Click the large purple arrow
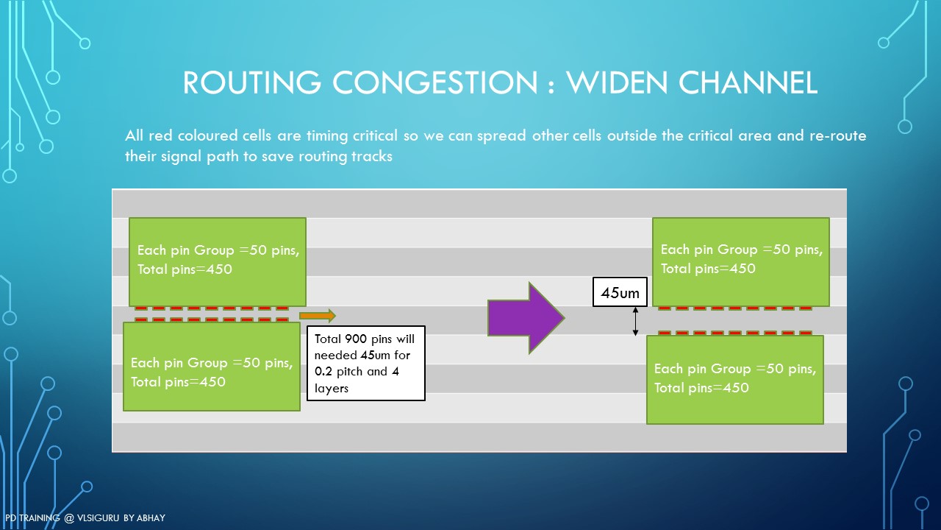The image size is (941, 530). coord(526,318)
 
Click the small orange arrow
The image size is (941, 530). coord(318,316)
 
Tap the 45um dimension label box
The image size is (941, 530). coord(620,292)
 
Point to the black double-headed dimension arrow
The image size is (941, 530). coord(635,322)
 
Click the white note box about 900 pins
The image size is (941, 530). coord(366,363)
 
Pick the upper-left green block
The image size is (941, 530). coord(217,261)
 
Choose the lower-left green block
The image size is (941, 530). coord(211,367)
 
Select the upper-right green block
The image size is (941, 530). coord(740,261)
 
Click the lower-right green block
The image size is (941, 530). coord(734,379)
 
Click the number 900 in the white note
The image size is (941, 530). coord(356,339)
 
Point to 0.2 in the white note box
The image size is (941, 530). coord(323,372)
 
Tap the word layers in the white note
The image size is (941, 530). coord(332,388)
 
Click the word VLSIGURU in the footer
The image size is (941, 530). coord(98,517)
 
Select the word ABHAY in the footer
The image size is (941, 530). coord(151,517)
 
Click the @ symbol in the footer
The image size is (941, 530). coord(68,518)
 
